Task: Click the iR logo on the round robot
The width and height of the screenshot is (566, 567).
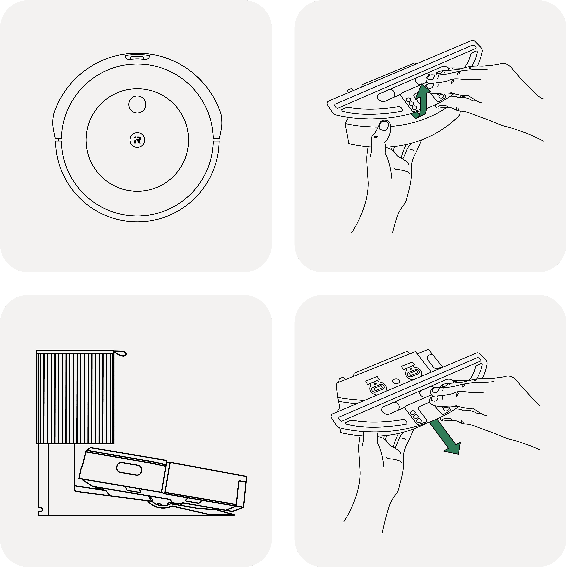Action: click(137, 140)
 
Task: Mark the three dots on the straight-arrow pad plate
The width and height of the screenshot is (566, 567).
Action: click(416, 416)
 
